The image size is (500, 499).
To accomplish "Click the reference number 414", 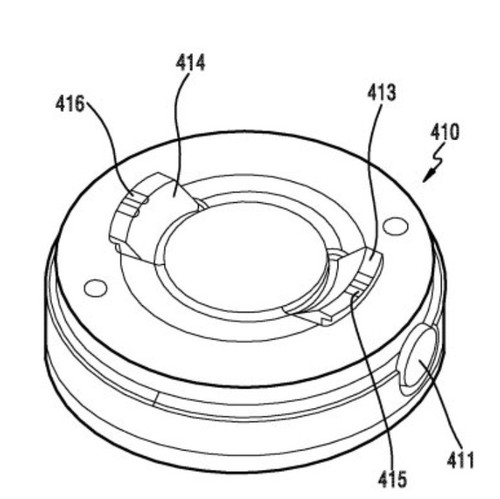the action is (x=190, y=63).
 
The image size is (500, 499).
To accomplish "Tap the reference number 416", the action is (x=70, y=103).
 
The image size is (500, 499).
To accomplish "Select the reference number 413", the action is (x=382, y=93).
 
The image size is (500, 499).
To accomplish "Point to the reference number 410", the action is (x=445, y=132).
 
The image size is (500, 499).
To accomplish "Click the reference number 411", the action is (x=460, y=460).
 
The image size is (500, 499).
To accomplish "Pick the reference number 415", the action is (x=392, y=479).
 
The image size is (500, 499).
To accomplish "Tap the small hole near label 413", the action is (x=395, y=226).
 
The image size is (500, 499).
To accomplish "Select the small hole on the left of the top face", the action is (x=95, y=288).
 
